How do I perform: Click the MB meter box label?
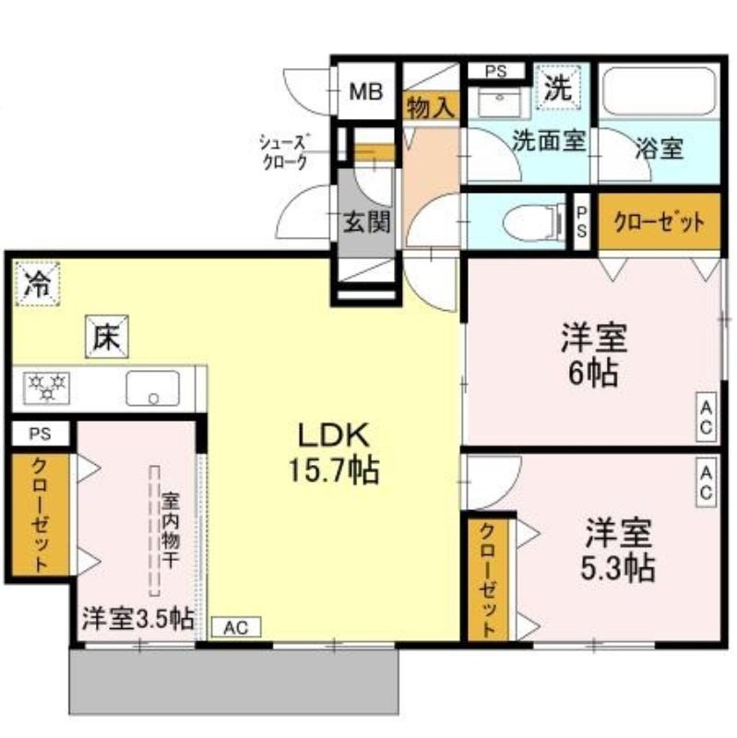[x=365, y=91]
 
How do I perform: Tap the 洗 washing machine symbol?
[x=558, y=88]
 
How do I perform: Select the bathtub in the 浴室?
[x=660, y=90]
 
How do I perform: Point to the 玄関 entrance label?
[x=366, y=221]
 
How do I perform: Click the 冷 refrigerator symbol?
[x=37, y=284]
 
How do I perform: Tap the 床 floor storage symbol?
[x=107, y=337]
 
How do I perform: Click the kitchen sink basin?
[x=152, y=388]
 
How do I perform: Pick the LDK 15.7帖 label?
[x=333, y=453]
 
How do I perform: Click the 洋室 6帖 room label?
[x=593, y=355]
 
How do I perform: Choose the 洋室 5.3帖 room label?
[x=618, y=549]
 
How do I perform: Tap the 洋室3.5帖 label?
[x=137, y=619]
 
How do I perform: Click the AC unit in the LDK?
[x=236, y=627]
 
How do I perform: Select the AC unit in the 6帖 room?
[x=706, y=418]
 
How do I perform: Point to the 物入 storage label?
[x=431, y=108]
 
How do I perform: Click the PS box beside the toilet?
[x=582, y=222]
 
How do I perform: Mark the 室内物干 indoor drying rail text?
[x=171, y=531]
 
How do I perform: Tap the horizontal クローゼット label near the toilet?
[x=660, y=222]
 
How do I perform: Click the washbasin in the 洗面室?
[x=499, y=101]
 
